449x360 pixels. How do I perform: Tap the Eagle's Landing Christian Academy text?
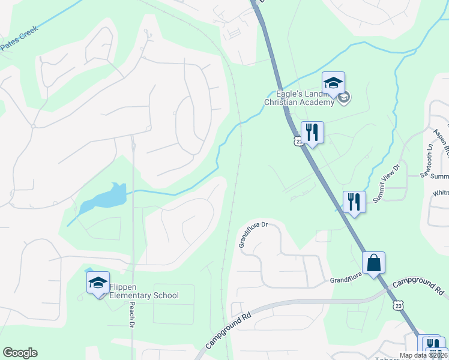coord(298,98)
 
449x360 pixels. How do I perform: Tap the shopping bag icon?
coord(373,263)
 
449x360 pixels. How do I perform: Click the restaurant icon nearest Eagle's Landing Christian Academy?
coord(312,132)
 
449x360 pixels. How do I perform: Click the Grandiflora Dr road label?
coord(252,235)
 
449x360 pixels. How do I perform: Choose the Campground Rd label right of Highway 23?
coord(418,287)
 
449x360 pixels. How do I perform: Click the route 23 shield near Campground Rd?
coord(399,306)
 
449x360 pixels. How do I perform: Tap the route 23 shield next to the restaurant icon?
coord(298,140)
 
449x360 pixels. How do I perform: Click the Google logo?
coord(20,353)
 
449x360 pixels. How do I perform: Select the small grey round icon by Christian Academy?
coord(345,98)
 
